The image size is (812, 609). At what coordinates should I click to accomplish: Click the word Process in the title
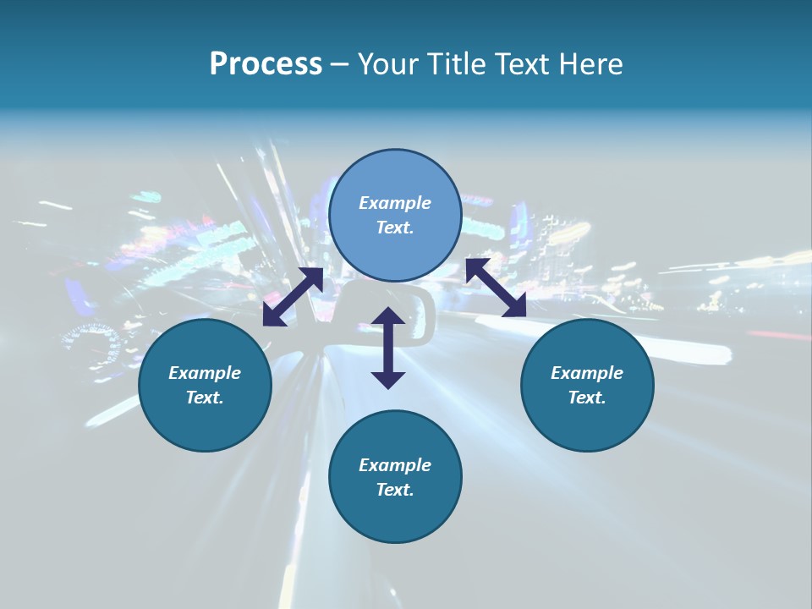[x=266, y=64]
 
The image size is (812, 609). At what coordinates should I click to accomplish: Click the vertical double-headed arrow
[x=388, y=348]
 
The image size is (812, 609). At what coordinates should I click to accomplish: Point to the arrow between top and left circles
[x=293, y=297]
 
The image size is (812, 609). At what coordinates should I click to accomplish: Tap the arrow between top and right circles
[x=496, y=288]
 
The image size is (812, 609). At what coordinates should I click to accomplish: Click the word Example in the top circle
[x=395, y=203]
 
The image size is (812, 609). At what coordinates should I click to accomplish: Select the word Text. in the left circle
[x=205, y=398]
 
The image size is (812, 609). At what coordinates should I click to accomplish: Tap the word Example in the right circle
[x=587, y=373]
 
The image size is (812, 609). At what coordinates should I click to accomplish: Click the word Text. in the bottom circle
[x=395, y=490]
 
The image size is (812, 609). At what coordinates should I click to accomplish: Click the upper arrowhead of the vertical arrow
[x=388, y=317]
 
